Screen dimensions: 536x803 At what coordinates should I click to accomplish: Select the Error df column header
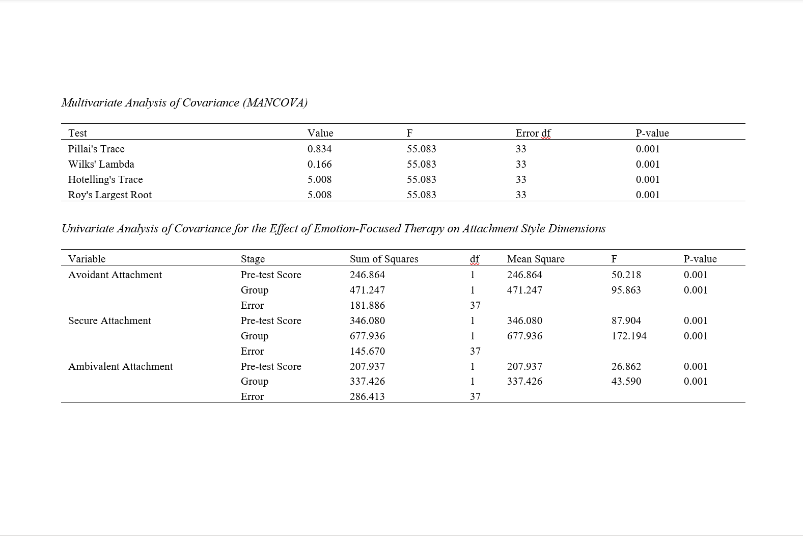point(533,133)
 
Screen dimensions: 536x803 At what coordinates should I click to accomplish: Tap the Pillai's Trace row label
point(96,149)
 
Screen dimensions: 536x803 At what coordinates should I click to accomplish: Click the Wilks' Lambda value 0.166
point(319,164)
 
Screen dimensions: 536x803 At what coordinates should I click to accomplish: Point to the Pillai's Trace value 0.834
point(319,149)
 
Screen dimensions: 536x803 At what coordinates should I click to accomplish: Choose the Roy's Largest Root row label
point(110,195)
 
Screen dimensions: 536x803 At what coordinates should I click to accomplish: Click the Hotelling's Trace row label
point(105,179)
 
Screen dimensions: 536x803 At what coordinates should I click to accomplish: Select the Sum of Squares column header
point(384,259)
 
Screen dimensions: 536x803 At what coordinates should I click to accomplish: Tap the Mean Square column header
point(536,259)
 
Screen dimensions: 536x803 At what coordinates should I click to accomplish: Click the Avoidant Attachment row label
point(115,275)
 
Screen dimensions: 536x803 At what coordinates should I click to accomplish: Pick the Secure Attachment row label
point(109,320)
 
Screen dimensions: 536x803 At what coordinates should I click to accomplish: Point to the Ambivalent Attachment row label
point(121,366)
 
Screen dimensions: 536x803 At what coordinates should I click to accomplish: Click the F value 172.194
point(629,336)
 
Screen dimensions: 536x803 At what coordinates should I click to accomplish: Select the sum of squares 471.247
point(367,290)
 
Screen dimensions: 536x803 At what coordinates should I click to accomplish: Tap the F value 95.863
point(626,290)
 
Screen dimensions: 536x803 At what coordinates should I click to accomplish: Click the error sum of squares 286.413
point(367,396)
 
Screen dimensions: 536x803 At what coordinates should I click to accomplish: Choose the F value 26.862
point(626,366)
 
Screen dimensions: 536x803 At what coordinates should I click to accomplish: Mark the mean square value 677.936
point(524,336)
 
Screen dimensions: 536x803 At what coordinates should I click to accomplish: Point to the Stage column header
point(253,259)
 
